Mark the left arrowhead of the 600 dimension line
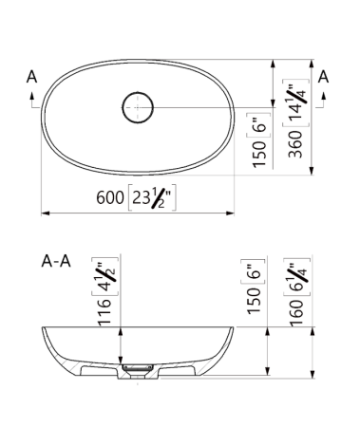tap(45, 211)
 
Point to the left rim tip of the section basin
tap(44, 327)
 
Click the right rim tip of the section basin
tap(232, 327)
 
